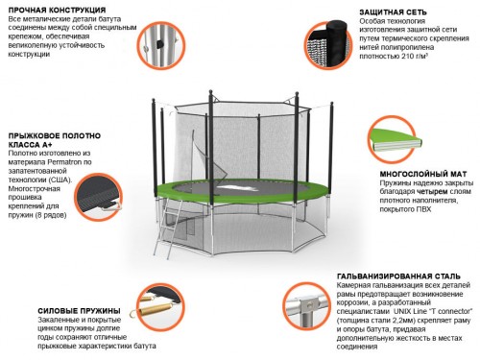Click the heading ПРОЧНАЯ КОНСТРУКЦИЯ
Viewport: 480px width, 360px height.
coord(57,11)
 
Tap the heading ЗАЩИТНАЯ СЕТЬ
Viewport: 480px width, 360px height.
coord(393,12)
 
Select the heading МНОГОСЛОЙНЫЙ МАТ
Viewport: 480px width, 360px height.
coord(423,175)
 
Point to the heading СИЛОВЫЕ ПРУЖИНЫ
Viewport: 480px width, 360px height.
coord(79,311)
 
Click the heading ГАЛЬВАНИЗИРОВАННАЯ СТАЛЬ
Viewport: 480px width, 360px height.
coord(398,276)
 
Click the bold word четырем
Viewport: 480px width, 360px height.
coord(432,192)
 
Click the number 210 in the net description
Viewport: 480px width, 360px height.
coord(407,57)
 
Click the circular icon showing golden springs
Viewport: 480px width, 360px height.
coord(161,306)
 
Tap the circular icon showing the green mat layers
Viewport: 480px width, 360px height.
coord(392,139)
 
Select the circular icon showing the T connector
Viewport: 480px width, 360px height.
coord(306,306)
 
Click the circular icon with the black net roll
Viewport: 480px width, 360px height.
coord(328,46)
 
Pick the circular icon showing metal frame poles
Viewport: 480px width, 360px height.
coord(161,45)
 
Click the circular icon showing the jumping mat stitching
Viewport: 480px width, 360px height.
coord(99,197)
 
